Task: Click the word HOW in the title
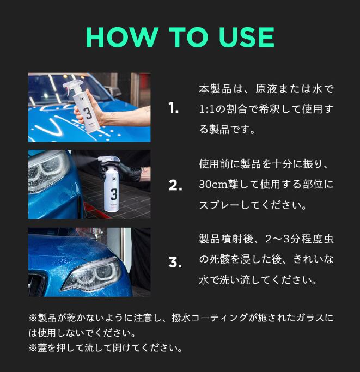click(122, 37)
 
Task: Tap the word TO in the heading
click(188, 37)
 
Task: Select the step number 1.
click(174, 108)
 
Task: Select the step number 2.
click(175, 185)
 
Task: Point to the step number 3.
click(175, 263)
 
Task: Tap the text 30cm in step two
click(213, 184)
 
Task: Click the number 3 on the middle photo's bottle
click(114, 194)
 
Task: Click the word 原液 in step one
click(266, 89)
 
